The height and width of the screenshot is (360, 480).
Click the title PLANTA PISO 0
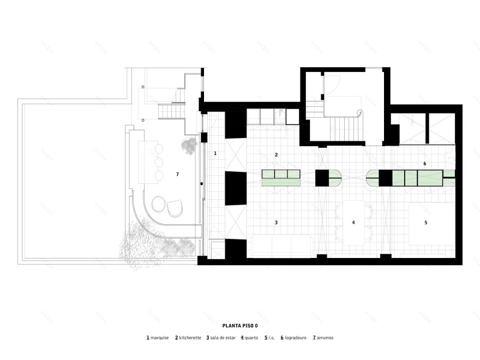point(239,326)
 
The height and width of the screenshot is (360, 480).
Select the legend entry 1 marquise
point(158,338)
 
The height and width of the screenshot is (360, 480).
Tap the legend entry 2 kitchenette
point(188,338)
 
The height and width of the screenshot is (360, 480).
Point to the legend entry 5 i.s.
point(269,338)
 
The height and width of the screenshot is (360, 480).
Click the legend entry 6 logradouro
point(293,338)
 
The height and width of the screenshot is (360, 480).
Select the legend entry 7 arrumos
point(323,338)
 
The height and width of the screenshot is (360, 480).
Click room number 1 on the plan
point(215,154)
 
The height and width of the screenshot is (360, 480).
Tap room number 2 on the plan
point(276,155)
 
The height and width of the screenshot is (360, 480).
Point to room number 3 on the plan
point(276,223)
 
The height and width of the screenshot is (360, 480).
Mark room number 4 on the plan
point(353,223)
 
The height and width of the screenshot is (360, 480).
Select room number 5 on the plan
point(426,223)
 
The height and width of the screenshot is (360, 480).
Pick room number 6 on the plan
point(424,164)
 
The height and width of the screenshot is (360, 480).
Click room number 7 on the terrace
point(177,174)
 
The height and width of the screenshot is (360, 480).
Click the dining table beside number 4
point(352,221)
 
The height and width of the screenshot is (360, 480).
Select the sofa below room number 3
point(281,245)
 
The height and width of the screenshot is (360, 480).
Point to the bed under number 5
point(431,224)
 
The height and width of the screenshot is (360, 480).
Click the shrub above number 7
point(189,145)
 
